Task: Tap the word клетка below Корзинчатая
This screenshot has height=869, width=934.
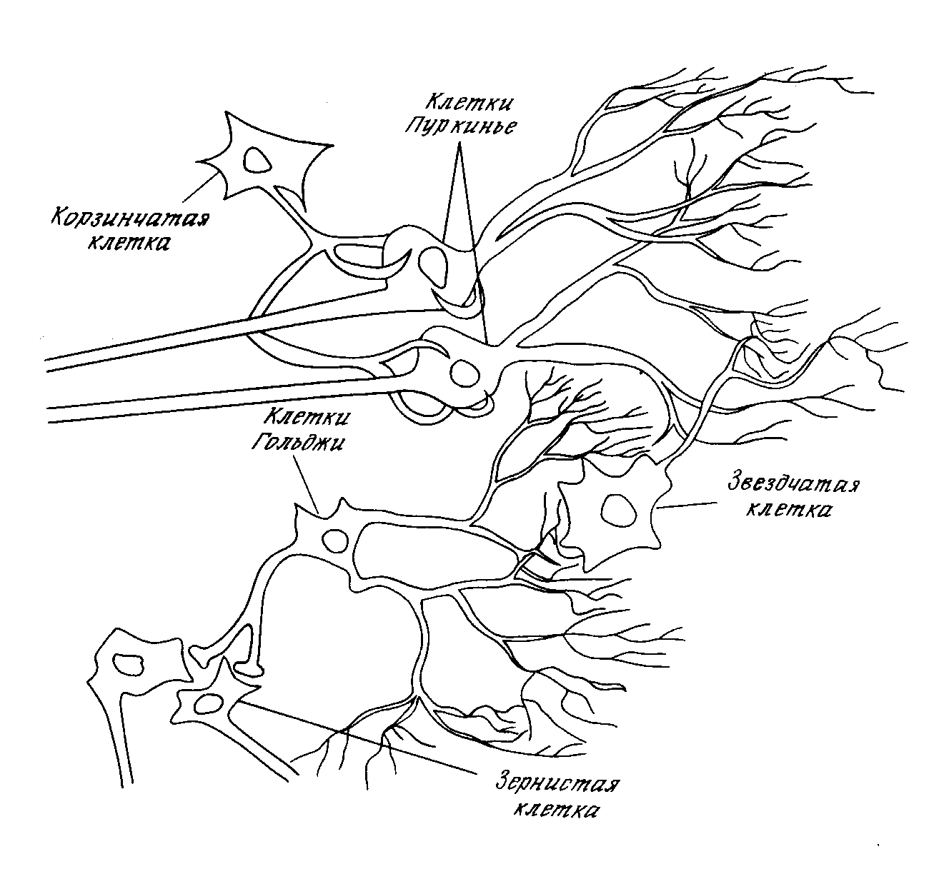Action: [x=129, y=243]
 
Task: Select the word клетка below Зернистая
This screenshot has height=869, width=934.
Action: [x=557, y=810]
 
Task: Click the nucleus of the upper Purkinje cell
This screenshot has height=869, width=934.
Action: [x=432, y=261]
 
